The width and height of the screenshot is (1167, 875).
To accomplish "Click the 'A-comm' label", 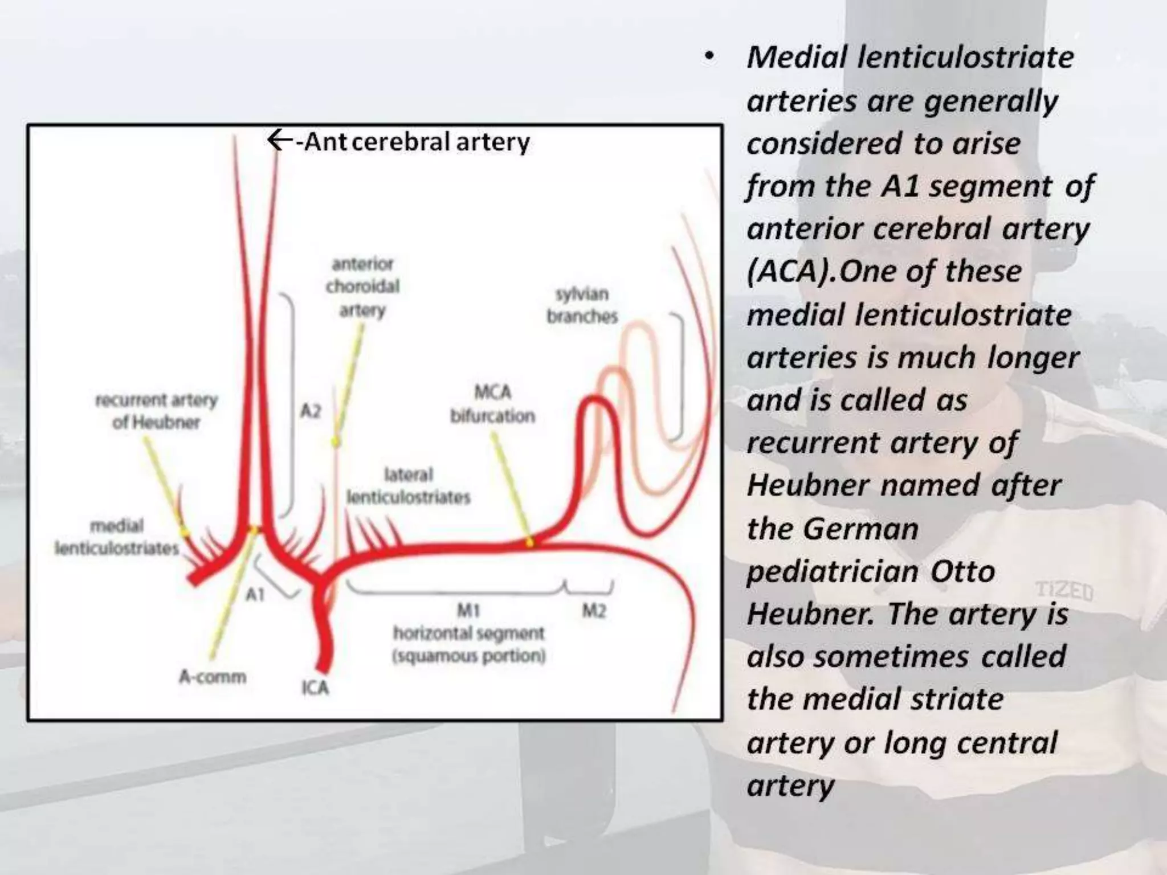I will (213, 677).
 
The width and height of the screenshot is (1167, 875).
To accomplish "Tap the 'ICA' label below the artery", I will (315, 688).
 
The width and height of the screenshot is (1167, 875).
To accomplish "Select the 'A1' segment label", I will (255, 595).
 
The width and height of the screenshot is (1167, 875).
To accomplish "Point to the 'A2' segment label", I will (311, 410).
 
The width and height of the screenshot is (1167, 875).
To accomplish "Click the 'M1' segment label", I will (468, 611).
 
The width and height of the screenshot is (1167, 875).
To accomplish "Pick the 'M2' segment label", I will (593, 611).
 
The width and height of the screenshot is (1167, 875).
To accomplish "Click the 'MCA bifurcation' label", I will (493, 404).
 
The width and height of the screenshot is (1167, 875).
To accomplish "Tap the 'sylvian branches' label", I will (582, 305).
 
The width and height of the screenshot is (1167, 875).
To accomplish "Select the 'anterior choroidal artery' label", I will (362, 287).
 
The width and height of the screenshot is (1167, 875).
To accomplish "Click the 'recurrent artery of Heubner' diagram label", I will (156, 411).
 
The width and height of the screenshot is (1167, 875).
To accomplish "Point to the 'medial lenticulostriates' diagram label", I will (117, 537).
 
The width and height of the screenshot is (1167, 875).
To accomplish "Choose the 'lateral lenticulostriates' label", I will (409, 486).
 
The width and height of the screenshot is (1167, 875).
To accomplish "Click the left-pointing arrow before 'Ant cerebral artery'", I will (279, 140).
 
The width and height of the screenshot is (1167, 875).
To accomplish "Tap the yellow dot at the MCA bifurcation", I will (529, 543).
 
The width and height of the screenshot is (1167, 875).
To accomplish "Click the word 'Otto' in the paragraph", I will (962, 571).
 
